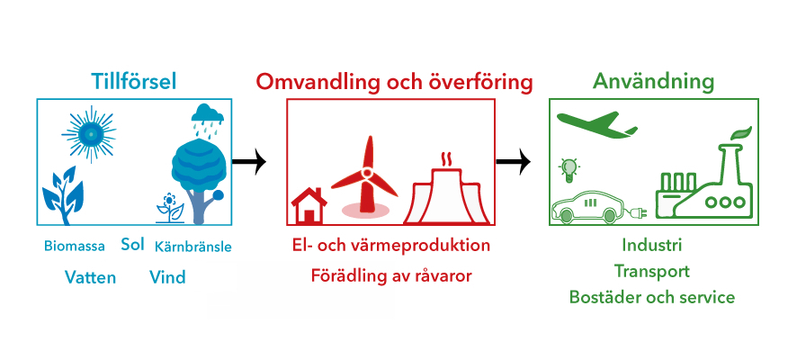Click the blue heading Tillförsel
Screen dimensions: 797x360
pos(134,81)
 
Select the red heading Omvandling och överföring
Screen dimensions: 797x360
pos(394,83)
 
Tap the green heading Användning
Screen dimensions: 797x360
pos(654,81)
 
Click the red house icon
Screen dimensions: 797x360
pos(309,205)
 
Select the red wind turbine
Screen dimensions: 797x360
pos(364,175)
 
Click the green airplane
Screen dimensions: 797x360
pos(596,124)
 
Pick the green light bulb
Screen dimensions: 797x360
pos(569,170)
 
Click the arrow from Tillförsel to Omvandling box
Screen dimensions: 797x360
pos(249,162)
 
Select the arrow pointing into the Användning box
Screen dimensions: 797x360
pos(513,162)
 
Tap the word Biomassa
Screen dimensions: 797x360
pos(75,247)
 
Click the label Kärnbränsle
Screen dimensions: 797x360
pos(193,247)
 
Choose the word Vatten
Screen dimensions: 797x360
pos(91,277)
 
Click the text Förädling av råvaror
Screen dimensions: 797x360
pos(391,276)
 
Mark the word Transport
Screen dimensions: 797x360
pos(651,271)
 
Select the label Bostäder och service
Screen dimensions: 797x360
pos(652,297)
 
